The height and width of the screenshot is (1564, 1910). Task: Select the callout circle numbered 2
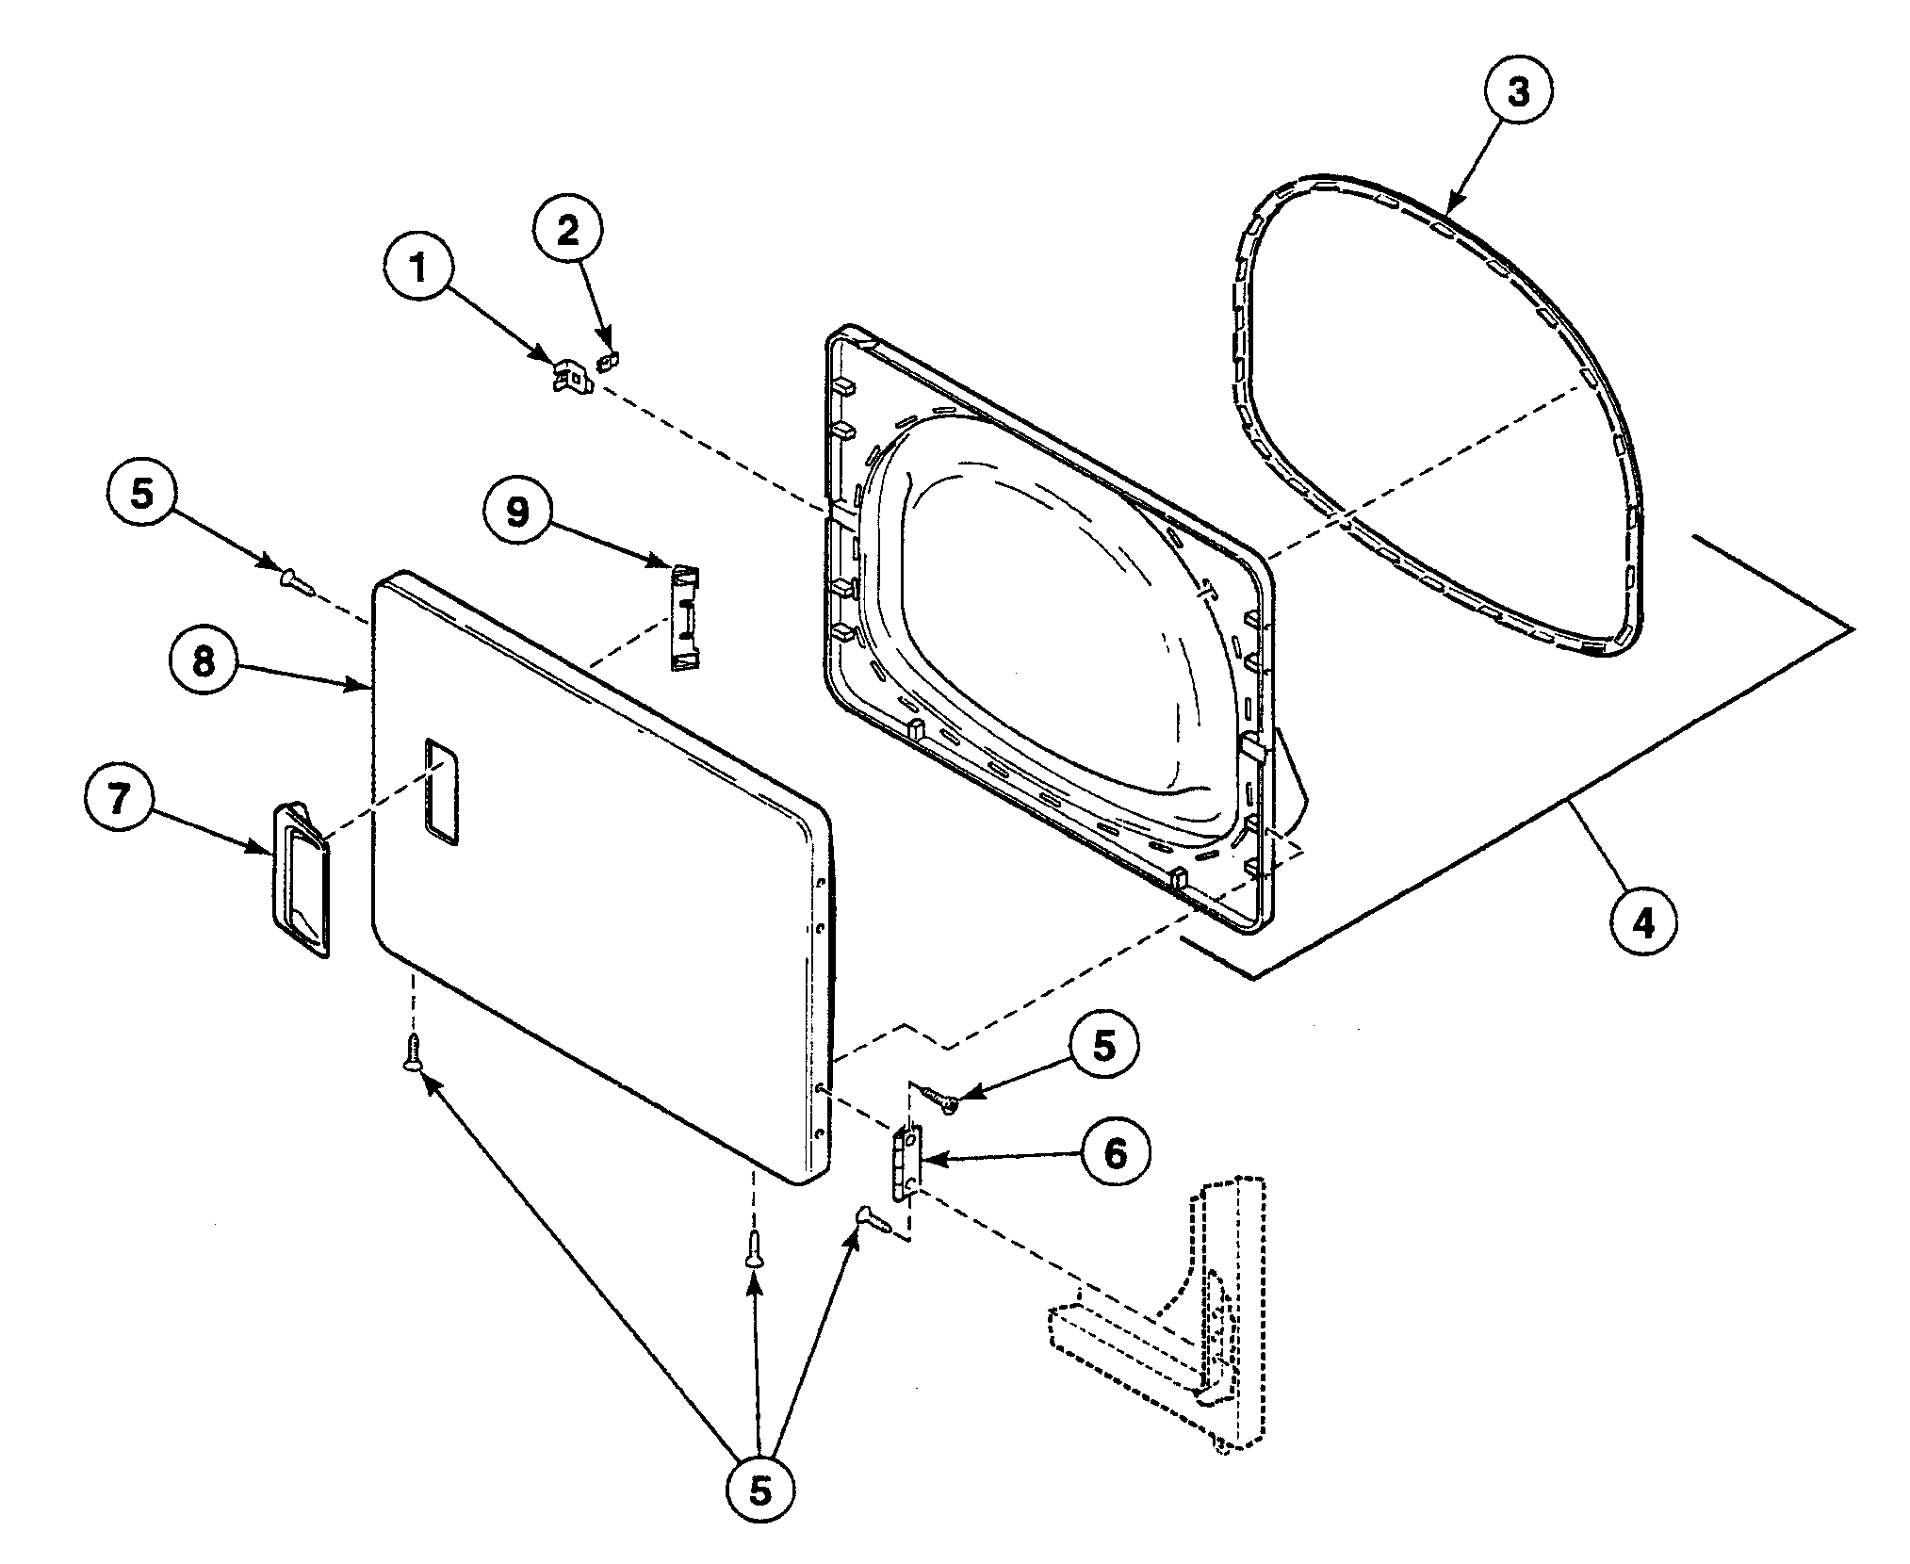click(569, 232)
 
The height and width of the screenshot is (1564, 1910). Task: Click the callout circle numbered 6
click(1115, 1153)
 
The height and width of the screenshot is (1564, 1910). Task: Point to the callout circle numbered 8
click(204, 661)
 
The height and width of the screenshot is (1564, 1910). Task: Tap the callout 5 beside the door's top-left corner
click(140, 495)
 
